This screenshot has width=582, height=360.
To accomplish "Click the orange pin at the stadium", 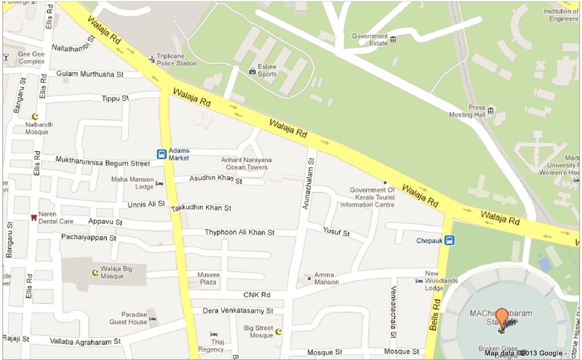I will (x=502, y=316).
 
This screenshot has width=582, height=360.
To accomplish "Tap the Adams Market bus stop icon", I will (x=162, y=154).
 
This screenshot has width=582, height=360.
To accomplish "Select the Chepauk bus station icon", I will (x=450, y=240).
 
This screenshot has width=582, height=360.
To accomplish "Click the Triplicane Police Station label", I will (x=176, y=60).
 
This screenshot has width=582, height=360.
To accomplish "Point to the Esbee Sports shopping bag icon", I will (x=252, y=71).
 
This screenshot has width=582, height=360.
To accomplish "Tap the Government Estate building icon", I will (x=393, y=39).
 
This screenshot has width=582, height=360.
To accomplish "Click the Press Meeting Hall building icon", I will (x=491, y=110).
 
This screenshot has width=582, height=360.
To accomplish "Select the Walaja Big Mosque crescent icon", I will (x=95, y=272).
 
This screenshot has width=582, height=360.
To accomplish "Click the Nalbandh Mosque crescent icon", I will (x=35, y=116).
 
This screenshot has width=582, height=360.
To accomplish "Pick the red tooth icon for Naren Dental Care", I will (x=33, y=217).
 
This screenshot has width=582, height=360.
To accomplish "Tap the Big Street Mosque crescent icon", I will (x=278, y=331).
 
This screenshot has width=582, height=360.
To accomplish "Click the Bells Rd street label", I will (x=435, y=315).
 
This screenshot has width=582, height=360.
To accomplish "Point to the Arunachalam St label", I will (x=308, y=184).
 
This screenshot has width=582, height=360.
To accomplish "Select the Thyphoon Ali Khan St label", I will (x=239, y=232).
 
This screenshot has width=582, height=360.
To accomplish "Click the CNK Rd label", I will (x=256, y=295).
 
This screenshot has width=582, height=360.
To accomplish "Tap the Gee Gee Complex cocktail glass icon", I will (x=6, y=57).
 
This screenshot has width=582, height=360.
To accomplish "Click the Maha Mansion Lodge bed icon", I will (x=159, y=183).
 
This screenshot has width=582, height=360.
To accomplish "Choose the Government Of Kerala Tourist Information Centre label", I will (x=368, y=197).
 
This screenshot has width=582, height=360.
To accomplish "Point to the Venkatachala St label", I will (x=393, y=312).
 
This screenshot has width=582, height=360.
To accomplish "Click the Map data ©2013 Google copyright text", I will (x=525, y=353).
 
